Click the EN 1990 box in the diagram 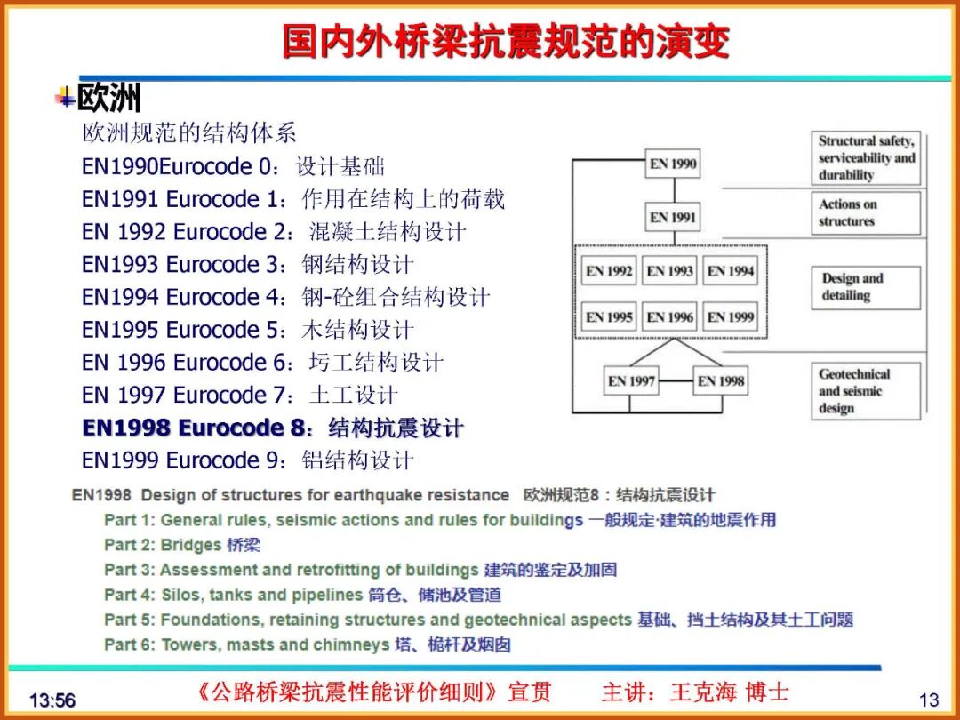[672, 164]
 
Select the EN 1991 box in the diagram [672, 217]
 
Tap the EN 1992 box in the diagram [609, 271]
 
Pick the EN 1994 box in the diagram [730, 271]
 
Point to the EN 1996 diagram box [669, 316]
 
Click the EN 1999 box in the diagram [730, 316]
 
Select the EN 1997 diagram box [631, 381]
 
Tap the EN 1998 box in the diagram [720, 381]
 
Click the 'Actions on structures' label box [865, 213]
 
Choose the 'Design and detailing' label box [865, 286]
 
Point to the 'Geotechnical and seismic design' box [865, 391]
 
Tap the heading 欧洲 [108, 98]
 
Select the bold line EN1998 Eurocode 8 [272, 428]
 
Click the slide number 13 [928, 700]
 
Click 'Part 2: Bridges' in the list [182, 545]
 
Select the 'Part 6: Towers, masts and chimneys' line [307, 644]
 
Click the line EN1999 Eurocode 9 [247, 460]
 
